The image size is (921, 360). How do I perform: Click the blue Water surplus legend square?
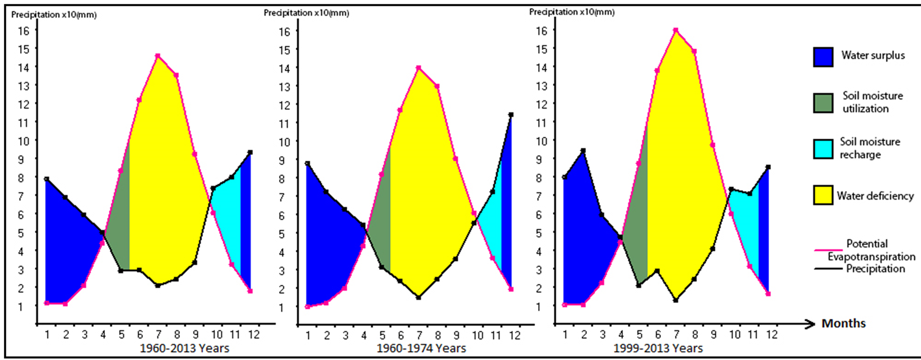pyautogui.click(x=823, y=57)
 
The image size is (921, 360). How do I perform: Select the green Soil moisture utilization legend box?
pyautogui.click(x=823, y=103)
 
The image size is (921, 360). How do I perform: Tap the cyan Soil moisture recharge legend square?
pyautogui.click(x=823, y=149)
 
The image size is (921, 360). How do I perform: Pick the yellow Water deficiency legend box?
pyautogui.click(x=823, y=195)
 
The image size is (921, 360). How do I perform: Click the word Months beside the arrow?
pyautogui.click(x=843, y=323)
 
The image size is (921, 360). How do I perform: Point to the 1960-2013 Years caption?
pyautogui.click(x=185, y=348)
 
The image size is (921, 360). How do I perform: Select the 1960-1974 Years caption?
pyautogui.click(x=421, y=348)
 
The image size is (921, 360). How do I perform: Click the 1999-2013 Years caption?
pyautogui.click(x=658, y=348)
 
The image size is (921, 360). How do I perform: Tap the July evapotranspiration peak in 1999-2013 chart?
pyautogui.click(x=676, y=30)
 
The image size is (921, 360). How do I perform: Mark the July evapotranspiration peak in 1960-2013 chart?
pyautogui.click(x=158, y=56)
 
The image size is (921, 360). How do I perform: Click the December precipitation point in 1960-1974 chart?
pyautogui.click(x=511, y=115)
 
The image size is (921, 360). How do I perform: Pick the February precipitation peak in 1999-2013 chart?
pyautogui.click(x=583, y=151)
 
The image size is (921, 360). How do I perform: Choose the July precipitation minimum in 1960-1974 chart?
pyautogui.click(x=419, y=297)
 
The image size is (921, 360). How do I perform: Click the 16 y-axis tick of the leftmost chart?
pyautogui.click(x=23, y=31)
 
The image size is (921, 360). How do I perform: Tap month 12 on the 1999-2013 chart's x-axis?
pyautogui.click(x=772, y=335)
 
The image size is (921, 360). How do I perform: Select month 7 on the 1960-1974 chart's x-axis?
pyautogui.click(x=419, y=336)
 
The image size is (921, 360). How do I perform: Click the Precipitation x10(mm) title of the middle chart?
pyautogui.click(x=306, y=13)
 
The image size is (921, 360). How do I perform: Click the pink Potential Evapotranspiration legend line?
pyautogui.click(x=828, y=250)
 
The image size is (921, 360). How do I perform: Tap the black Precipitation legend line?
pyautogui.click(x=828, y=269)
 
